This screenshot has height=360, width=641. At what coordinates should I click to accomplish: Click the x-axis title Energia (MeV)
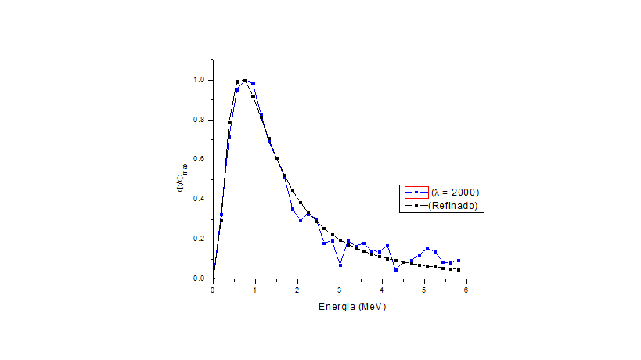(x=351, y=306)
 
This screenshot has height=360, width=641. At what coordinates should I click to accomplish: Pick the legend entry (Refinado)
(x=453, y=206)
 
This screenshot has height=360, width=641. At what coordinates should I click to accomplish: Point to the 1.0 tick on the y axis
(x=199, y=80)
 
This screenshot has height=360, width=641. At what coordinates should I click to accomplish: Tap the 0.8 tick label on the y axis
(x=199, y=120)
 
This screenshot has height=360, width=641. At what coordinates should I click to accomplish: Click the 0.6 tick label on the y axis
(x=199, y=159)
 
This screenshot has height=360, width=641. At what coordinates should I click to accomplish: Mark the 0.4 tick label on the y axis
(x=199, y=199)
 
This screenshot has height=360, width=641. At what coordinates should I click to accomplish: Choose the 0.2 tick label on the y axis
(x=199, y=239)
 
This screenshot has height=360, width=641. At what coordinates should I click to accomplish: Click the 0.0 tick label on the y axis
(x=199, y=278)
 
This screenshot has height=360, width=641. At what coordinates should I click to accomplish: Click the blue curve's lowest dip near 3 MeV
(x=340, y=265)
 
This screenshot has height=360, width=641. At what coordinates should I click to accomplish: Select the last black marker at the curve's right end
(x=459, y=270)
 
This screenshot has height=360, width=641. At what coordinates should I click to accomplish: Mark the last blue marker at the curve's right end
(x=459, y=261)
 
